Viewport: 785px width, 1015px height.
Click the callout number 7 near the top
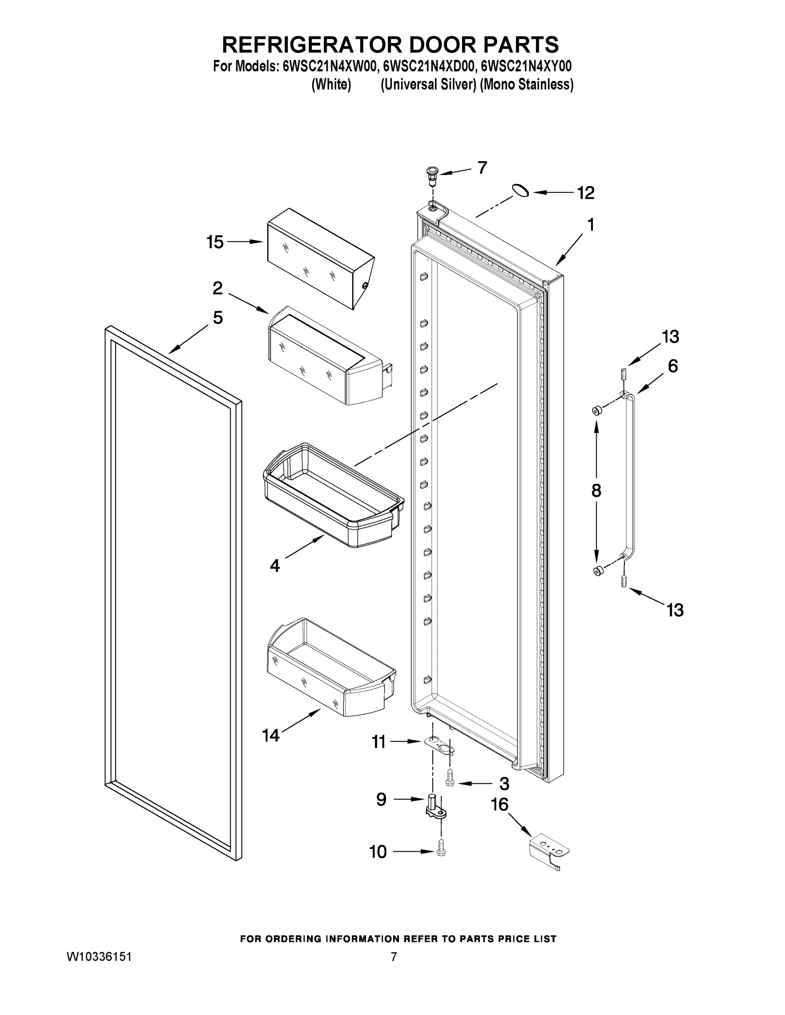pyautogui.click(x=482, y=167)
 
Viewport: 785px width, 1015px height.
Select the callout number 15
pyautogui.click(x=215, y=242)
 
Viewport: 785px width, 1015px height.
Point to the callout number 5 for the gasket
pyautogui.click(x=218, y=318)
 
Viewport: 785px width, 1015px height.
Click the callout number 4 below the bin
pyautogui.click(x=275, y=565)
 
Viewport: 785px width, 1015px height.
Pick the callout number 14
pyautogui.click(x=271, y=735)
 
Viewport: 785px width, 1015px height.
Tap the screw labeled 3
pyautogui.click(x=450, y=784)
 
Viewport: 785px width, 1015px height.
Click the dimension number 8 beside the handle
pyautogui.click(x=596, y=491)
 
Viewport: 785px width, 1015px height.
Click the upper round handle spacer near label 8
pyautogui.click(x=596, y=410)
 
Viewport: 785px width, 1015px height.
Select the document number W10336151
pyautogui.click(x=99, y=957)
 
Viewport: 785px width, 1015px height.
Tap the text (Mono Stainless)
pyautogui.click(x=526, y=85)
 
